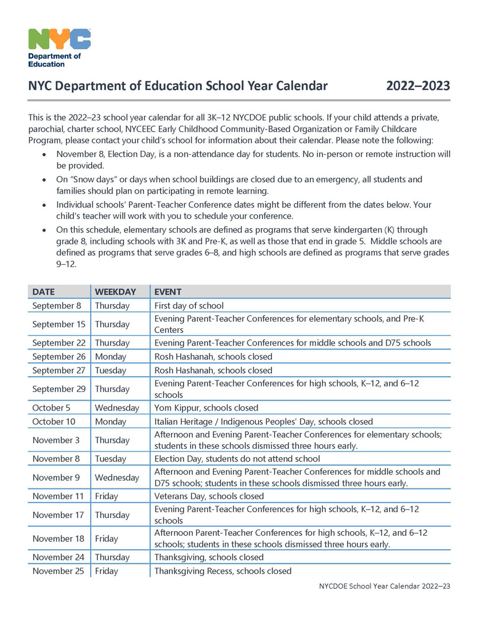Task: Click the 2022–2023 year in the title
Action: pyautogui.click(x=418, y=86)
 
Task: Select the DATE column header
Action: pyautogui.click(x=44, y=292)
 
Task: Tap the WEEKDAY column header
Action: pyautogui.click(x=115, y=292)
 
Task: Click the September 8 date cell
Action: pyautogui.click(x=57, y=305)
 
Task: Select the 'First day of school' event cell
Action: pyautogui.click(x=189, y=305)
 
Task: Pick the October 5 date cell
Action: pyautogui.click(x=51, y=408)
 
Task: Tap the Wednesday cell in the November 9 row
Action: pyautogui.click(x=117, y=477)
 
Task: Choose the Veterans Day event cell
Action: pyautogui.click(x=209, y=496)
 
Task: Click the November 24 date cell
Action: pyautogui.click(x=58, y=557)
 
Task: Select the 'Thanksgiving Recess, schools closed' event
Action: pyautogui.click(x=223, y=571)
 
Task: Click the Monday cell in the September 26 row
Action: pyautogui.click(x=111, y=356)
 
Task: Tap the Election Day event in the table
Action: pyautogui.click(x=237, y=459)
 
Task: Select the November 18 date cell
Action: pyautogui.click(x=58, y=539)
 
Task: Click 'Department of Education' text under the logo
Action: pyautogui.click(x=54, y=60)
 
